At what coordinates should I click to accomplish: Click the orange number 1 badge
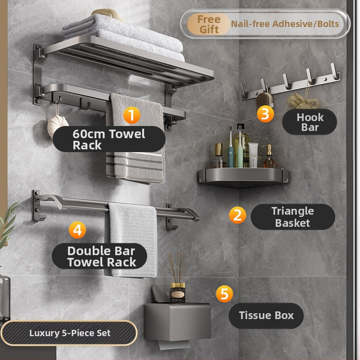[132, 115]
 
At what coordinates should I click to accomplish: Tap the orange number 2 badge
[238, 215]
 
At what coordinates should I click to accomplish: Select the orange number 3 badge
[265, 114]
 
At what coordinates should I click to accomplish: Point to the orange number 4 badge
[77, 230]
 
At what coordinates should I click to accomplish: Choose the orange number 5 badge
[224, 294]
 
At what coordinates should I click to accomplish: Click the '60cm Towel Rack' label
[109, 139]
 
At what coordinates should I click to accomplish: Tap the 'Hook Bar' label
[310, 122]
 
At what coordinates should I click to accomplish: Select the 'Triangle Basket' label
[293, 217]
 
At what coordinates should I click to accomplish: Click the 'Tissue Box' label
[266, 316]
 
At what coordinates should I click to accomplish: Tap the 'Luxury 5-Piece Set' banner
[69, 333]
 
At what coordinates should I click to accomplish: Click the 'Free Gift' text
[209, 24]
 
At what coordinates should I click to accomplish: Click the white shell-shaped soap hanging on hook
[58, 126]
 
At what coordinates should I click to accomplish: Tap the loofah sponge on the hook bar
[302, 101]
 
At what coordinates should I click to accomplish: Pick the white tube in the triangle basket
[253, 154]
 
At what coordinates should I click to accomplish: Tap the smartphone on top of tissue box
[161, 294]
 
